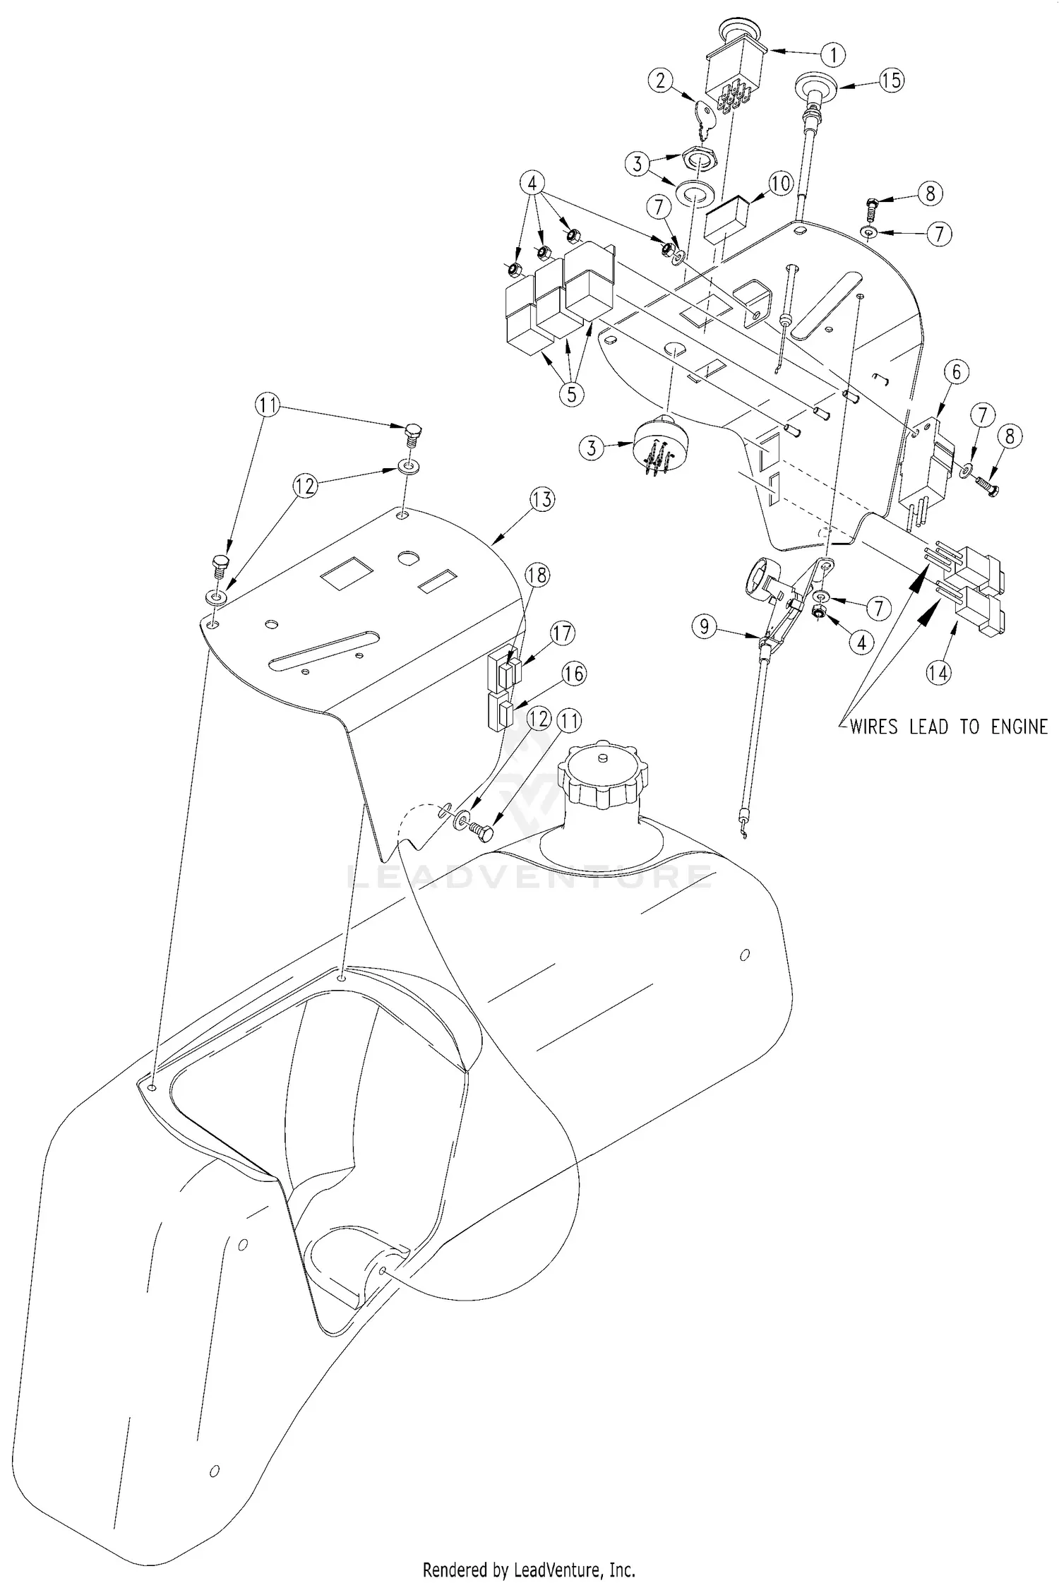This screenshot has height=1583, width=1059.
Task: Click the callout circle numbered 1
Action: pos(833,54)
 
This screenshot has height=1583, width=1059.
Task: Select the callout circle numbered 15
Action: pos(892,80)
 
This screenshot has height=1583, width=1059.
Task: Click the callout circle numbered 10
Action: pos(781,184)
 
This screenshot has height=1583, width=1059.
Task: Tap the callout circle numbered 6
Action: pos(956,372)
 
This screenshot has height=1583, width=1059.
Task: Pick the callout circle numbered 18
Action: pos(537,575)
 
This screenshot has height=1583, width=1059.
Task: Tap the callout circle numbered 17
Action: pos(563,633)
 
